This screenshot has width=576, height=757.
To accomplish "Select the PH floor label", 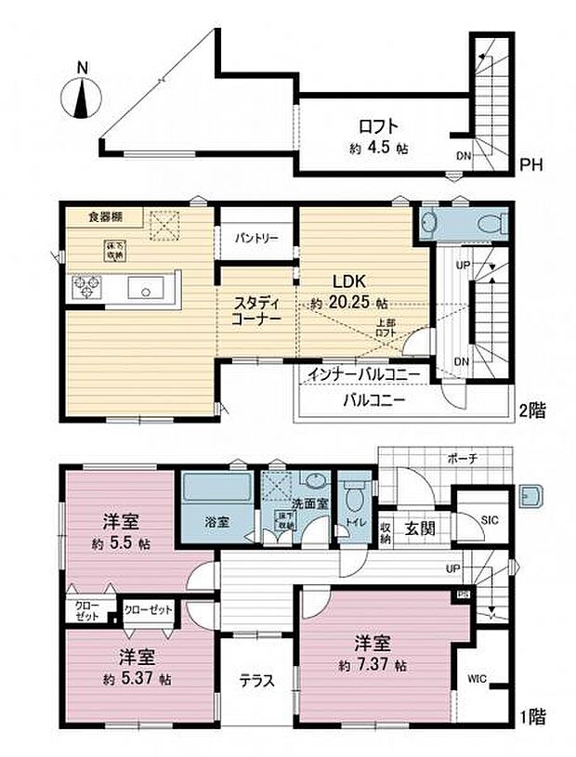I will coord(530,166).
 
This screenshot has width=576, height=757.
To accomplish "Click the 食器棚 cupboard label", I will coord(104,216).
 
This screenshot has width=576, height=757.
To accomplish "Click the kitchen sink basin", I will coord(147,289).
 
